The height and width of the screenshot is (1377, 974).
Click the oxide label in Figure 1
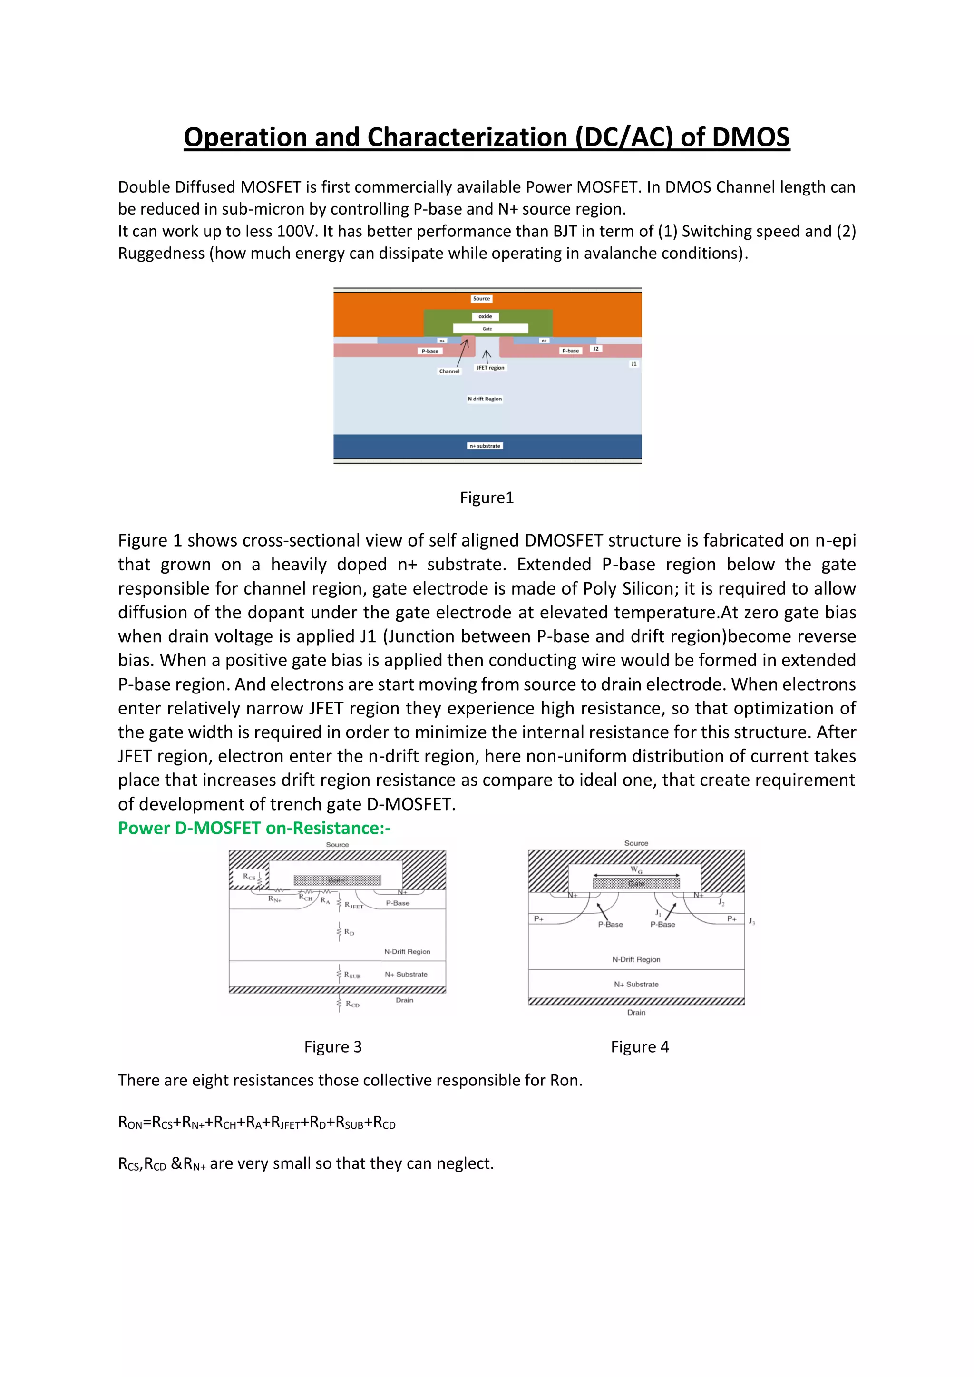pos(485,316)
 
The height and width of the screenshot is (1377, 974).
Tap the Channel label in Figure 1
pos(449,371)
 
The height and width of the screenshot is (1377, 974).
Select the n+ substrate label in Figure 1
pos(485,446)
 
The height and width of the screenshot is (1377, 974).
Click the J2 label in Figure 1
pos(595,349)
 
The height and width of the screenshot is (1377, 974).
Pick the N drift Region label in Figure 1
pos(485,399)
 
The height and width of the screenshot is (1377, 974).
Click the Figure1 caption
pos(487,498)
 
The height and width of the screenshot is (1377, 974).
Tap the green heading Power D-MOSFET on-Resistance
pos(254,828)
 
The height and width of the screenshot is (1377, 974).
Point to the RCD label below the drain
pos(353,1004)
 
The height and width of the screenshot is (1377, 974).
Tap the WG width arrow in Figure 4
pos(636,875)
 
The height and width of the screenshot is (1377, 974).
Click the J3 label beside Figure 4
pos(751,921)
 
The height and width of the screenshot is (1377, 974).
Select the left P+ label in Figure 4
pos(538,919)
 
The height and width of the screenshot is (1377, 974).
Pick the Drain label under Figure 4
pos(636,1012)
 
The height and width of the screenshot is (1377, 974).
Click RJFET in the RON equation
pos(285,1123)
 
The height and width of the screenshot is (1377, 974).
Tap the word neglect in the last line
pos(465,1163)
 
